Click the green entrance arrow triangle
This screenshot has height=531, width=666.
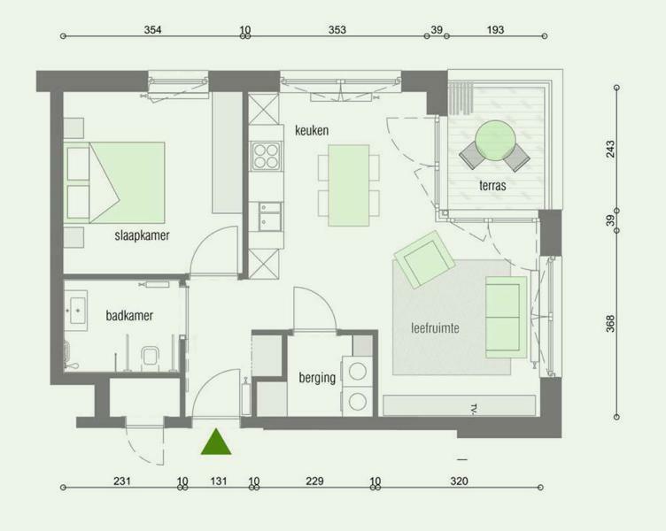[216, 442]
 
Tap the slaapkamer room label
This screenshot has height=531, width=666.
[142, 235]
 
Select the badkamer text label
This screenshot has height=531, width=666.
[129, 315]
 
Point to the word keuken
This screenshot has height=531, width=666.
[312, 130]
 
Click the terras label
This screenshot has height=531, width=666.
[492, 186]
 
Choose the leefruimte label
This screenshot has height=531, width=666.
[436, 328]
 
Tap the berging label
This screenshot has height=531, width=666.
[317, 378]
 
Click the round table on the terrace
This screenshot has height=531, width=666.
[496, 141]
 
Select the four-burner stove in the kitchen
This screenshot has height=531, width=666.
[267, 156]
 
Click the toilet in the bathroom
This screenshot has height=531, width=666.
[150, 357]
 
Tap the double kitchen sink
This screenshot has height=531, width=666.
[270, 217]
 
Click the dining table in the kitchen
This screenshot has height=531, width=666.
[349, 185]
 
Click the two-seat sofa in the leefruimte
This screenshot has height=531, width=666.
[506, 317]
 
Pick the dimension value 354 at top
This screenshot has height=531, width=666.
[152, 30]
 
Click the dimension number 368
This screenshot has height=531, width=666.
[610, 323]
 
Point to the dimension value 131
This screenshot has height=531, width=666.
[219, 481]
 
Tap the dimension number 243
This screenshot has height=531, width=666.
[610, 149]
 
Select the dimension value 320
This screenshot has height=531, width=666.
[459, 481]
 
